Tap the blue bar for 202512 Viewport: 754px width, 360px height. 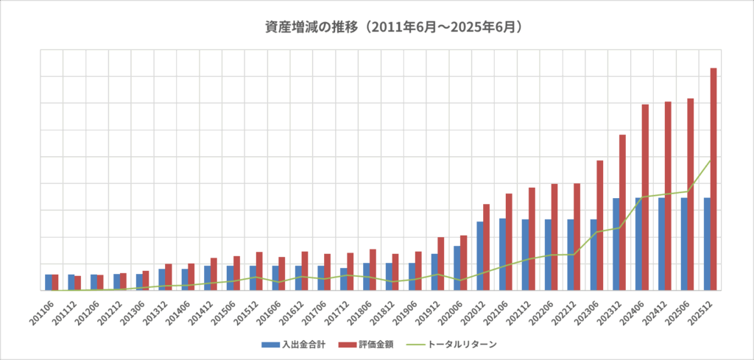[706, 244]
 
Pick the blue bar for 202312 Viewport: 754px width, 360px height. [616, 244]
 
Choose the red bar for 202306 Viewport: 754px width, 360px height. [599, 225]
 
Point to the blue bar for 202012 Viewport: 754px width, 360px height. [479, 255]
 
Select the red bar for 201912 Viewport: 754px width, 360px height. [440, 264]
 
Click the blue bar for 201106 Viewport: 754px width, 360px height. [48, 282]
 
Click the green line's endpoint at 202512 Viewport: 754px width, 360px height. [710, 160]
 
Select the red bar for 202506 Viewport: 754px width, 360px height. [690, 194]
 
